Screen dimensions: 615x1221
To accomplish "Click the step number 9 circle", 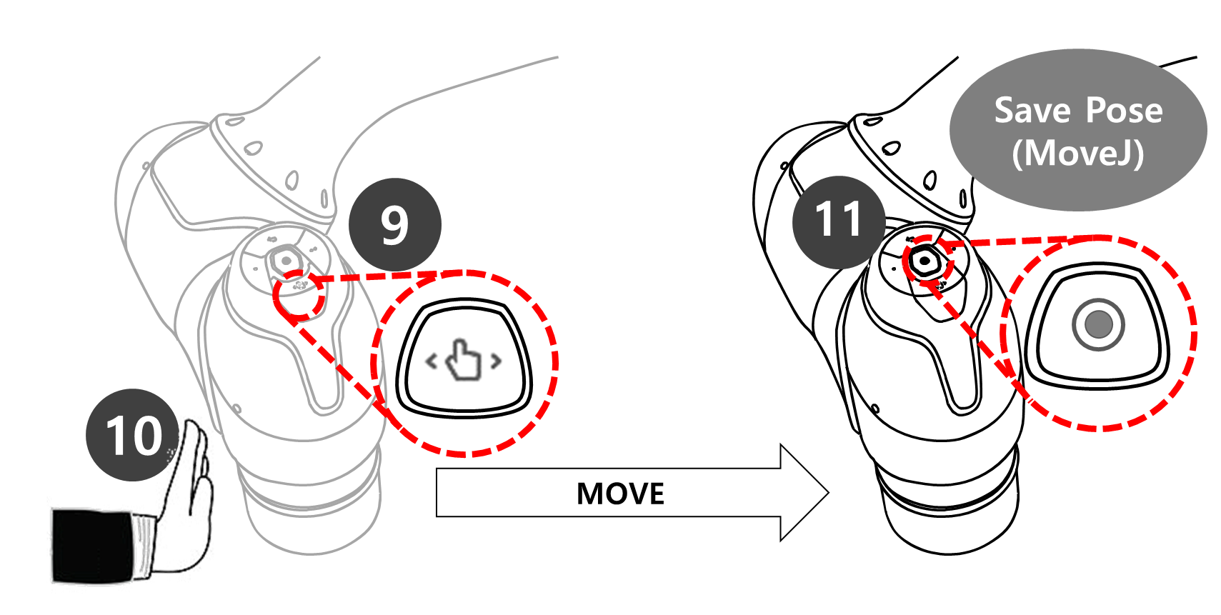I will [x=394, y=225].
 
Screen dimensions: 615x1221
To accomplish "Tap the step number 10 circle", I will [x=133, y=435].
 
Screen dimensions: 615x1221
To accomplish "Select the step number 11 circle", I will [x=839, y=221].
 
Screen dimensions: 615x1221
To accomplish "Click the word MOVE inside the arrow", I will [x=620, y=494].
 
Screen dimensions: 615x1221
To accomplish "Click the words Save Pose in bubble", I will [x=1078, y=111].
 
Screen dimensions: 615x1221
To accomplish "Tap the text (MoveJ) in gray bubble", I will [x=1077, y=153].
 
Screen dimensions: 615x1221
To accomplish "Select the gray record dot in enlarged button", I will [x=1098, y=324].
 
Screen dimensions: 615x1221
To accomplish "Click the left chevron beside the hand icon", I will [x=431, y=361].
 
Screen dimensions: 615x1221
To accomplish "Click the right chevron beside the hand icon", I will [x=495, y=361].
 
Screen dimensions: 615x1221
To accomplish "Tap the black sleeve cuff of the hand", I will [x=93, y=546].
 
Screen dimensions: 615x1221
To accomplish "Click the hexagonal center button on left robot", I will [x=286, y=261].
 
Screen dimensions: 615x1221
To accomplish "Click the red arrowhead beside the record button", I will [x=1007, y=368].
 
